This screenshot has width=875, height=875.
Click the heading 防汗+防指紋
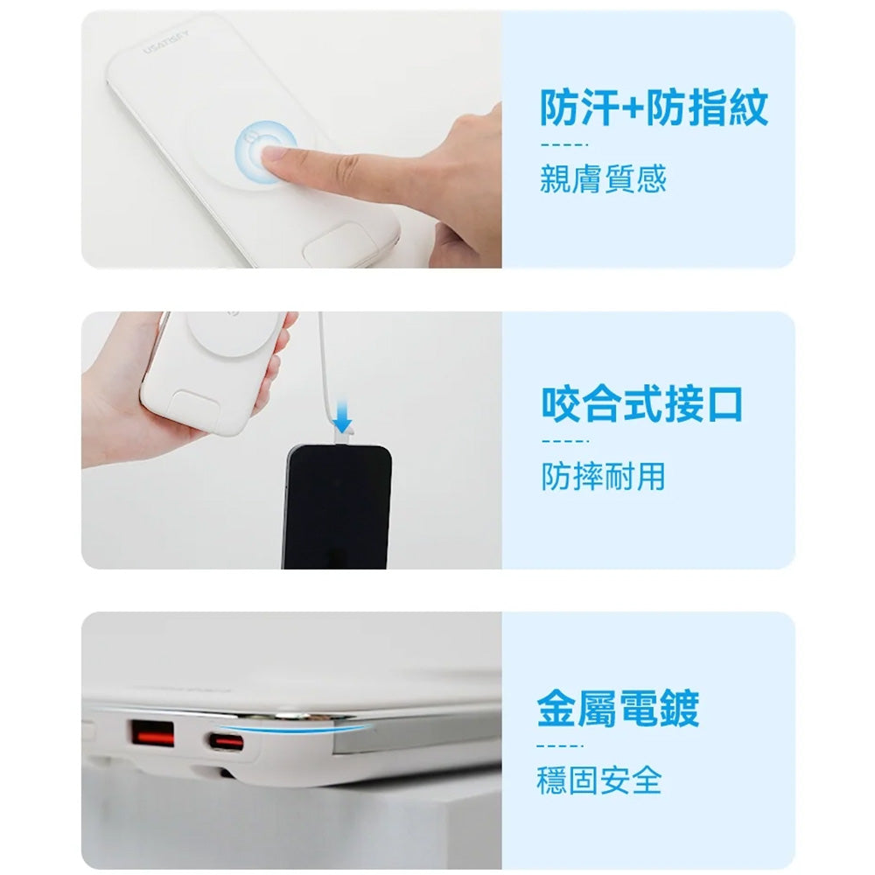tap(654, 107)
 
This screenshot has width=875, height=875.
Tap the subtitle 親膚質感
tap(603, 178)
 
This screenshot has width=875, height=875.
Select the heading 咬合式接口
tap(641, 403)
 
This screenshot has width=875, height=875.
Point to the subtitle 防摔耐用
tap(603, 476)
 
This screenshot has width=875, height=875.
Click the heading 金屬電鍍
tap(618, 708)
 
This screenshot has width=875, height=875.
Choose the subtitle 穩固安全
tap(599, 780)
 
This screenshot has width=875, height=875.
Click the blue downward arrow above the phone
tap(342, 416)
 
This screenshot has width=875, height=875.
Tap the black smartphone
tap(337, 507)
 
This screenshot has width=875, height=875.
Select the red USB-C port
tap(226, 742)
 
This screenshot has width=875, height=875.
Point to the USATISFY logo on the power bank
tap(165, 42)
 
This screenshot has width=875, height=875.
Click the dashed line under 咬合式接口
tap(564, 441)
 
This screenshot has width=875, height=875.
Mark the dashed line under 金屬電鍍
tap(560, 745)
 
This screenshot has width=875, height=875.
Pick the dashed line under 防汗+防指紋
tap(564, 145)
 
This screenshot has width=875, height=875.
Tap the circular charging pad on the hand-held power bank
tap(233, 332)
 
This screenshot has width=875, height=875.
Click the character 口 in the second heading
tap(725, 404)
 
